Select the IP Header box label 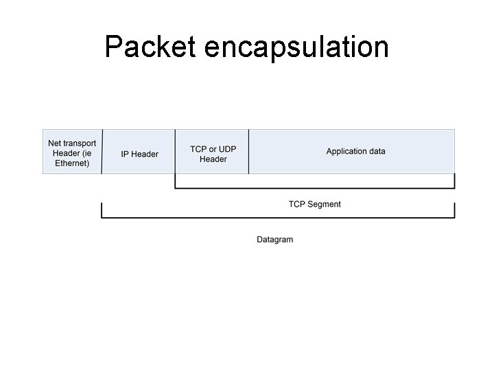(139, 154)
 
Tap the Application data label (355, 151)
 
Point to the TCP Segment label (314, 204)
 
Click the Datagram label (274, 240)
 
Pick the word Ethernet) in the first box (72, 164)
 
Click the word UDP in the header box (227, 149)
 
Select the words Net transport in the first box (72, 144)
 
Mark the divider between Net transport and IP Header (102, 151)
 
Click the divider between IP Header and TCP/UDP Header (175, 151)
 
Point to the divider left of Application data (248, 151)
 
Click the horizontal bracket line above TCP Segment (314, 188)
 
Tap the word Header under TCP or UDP (213, 159)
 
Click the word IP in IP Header (125, 154)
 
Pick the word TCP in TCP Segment (297, 204)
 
